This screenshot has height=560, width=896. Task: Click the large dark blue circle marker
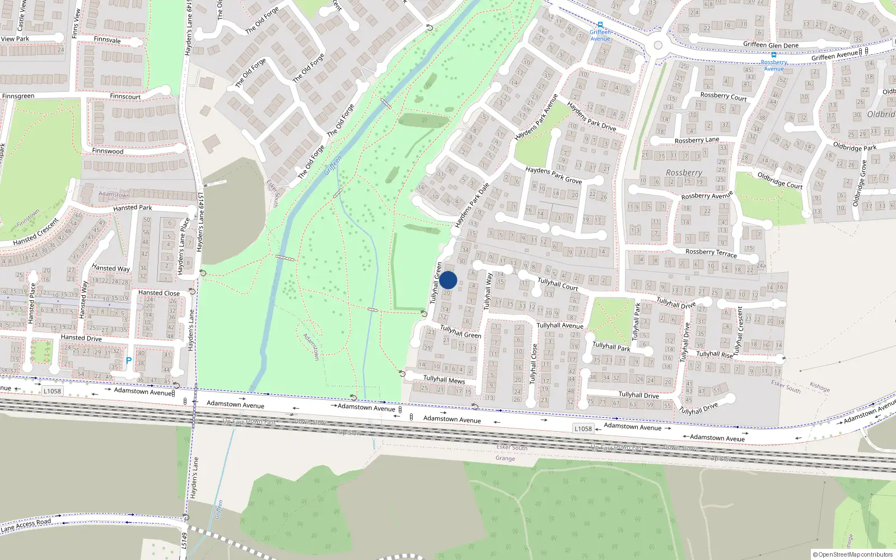click(x=448, y=280)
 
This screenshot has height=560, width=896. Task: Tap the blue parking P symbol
click(x=129, y=361)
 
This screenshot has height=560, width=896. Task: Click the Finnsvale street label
click(x=107, y=40)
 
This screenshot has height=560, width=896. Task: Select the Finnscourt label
click(x=125, y=96)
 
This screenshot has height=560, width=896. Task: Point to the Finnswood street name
click(x=108, y=151)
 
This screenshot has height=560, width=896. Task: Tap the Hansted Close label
click(x=159, y=293)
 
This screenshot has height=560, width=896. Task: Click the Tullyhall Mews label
click(x=444, y=380)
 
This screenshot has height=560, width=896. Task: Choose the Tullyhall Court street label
click(x=558, y=284)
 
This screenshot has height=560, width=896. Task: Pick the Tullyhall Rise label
click(x=714, y=354)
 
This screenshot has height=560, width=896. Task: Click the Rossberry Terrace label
click(x=711, y=253)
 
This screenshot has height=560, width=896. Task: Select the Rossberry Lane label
click(x=697, y=140)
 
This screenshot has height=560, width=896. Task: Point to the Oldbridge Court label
click(x=780, y=180)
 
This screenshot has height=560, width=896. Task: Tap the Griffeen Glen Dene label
click(x=771, y=45)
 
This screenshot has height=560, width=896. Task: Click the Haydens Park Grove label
click(x=553, y=175)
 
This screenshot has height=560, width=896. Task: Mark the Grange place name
click(x=505, y=458)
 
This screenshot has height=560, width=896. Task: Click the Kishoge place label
click(x=820, y=387)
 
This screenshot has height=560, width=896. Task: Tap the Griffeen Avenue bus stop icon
click(x=600, y=25)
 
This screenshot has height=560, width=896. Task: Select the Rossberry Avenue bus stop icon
click(x=774, y=55)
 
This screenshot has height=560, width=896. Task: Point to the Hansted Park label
click(x=133, y=208)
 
